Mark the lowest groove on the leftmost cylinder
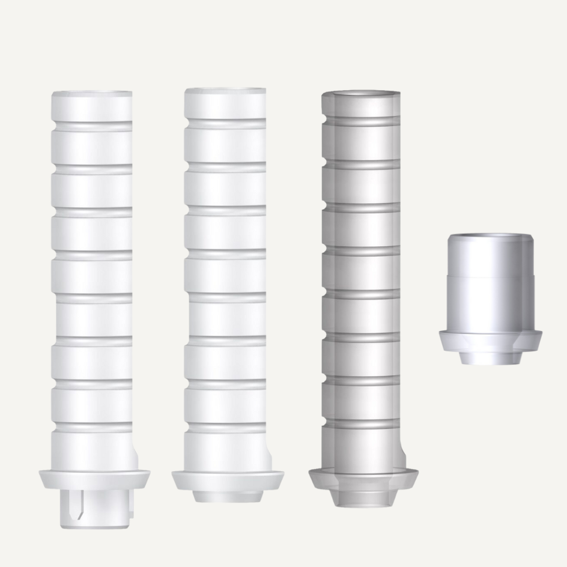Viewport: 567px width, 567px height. click(x=92, y=427)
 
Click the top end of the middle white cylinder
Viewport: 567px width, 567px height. click(x=225, y=91)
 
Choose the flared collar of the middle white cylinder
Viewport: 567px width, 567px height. click(x=228, y=480)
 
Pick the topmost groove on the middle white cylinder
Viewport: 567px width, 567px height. click(x=225, y=124)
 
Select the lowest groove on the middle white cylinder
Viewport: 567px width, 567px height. click(x=225, y=427)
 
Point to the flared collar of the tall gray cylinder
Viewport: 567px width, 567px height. click(x=363, y=478)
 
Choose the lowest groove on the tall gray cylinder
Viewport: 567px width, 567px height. click(x=361, y=424)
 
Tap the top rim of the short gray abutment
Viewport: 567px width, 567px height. click(x=490, y=237)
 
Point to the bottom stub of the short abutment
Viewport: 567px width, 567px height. click(x=490, y=358)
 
